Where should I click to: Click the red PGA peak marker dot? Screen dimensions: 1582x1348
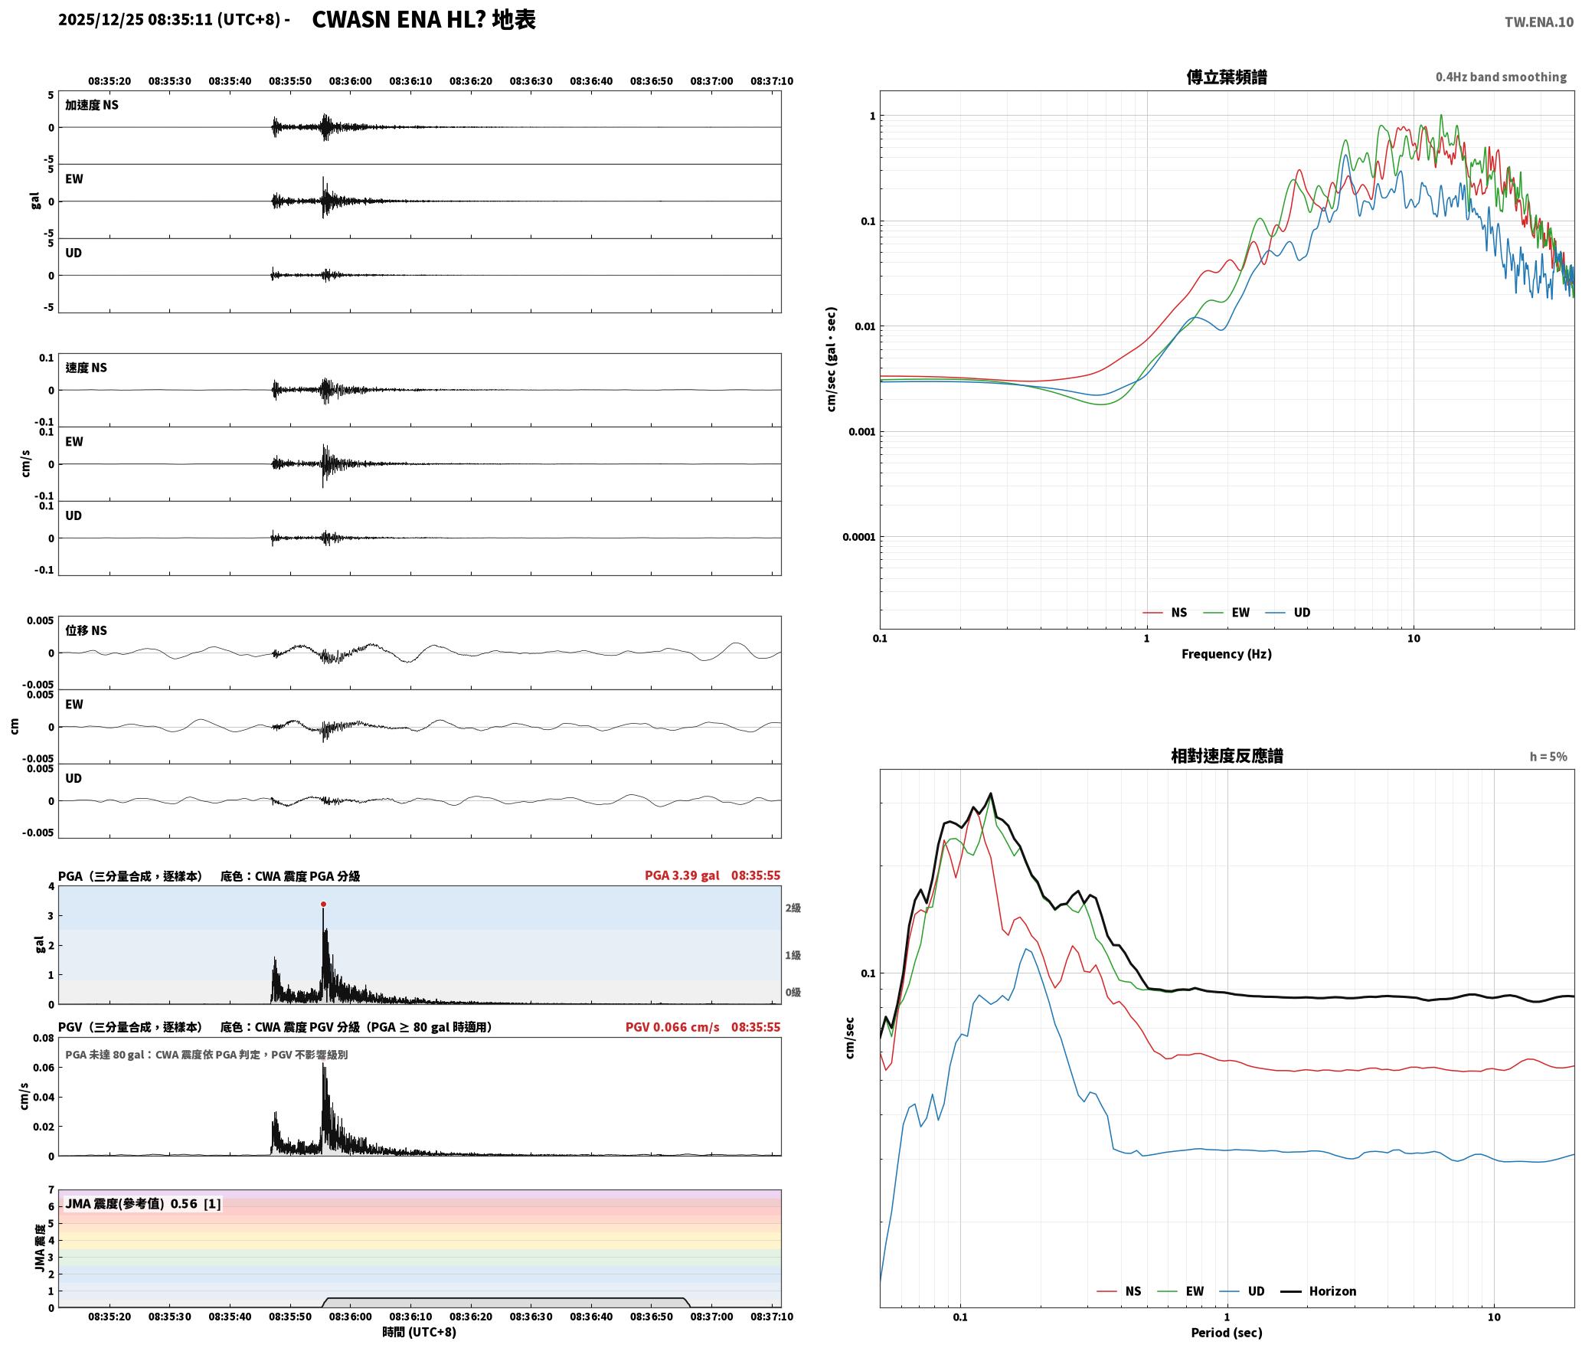(323, 905)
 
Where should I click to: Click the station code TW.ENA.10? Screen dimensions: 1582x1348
(1539, 22)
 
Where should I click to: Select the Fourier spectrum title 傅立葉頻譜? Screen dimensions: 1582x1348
(1227, 77)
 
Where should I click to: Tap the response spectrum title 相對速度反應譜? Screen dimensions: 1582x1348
(1227, 756)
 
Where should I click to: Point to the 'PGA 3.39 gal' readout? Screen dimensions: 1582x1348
(682, 875)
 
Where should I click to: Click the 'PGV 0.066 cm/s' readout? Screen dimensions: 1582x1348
(672, 1027)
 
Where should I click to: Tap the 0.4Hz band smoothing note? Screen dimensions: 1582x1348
(1501, 77)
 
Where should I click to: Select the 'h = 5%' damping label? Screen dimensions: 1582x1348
(1548, 757)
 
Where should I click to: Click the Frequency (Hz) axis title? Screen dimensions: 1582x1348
(1227, 654)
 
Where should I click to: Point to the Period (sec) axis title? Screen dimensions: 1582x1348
(1227, 1333)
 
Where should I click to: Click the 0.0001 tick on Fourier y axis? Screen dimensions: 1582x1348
(858, 537)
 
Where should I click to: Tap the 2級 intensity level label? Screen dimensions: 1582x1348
(793, 908)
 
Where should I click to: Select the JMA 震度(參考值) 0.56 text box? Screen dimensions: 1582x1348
(143, 1204)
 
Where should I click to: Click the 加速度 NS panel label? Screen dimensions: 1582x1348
(92, 105)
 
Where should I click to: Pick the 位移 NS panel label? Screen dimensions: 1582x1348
(86, 630)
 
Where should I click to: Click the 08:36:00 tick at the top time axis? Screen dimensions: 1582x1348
(350, 81)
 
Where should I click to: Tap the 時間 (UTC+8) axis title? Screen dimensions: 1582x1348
(420, 1332)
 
